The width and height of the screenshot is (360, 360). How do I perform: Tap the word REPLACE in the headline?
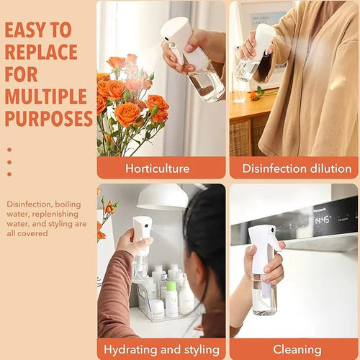coord(41,53)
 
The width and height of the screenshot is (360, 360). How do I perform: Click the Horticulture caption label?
coord(157,168)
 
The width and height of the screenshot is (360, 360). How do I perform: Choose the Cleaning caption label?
coord(297,350)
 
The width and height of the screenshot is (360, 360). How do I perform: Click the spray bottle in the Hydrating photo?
coord(141,245)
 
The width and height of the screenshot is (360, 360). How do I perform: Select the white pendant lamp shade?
coord(163,197)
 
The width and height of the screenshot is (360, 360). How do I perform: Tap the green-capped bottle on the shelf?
coord(171,297)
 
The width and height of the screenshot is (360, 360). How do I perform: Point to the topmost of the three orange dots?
coord(9,150)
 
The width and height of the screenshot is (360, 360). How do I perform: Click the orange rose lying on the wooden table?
coord(256,94)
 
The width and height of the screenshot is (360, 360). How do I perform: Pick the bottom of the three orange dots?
coord(9,174)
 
